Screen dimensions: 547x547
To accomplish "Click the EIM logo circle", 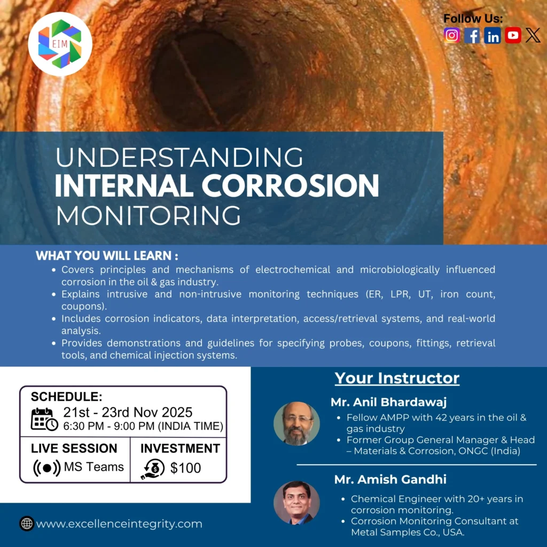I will pos(60,44).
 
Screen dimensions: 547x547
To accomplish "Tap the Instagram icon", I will pos(452,35).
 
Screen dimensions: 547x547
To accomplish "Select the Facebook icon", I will pos(472,35).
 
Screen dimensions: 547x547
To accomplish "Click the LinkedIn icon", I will pos(493,35).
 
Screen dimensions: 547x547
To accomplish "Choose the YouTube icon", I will pos(513,35).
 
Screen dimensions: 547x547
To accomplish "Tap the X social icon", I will pos(533,35).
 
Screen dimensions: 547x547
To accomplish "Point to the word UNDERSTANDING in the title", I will pos(179,158).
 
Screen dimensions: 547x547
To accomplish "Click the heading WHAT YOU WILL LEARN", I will pos(107,256).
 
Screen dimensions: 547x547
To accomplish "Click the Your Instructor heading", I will pos(397,378).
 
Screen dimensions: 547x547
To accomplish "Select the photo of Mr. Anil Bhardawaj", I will pos(296,424).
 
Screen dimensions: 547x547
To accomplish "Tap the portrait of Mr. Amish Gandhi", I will pos(296,503).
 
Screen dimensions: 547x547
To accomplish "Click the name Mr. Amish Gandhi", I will pos(390,479).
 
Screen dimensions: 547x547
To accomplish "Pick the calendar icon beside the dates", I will pos(44,419).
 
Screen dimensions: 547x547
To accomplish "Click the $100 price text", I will pos(185,468).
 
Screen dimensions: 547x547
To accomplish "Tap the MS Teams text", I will pos(93,467).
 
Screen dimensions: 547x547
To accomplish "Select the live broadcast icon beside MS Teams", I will pos(47,468).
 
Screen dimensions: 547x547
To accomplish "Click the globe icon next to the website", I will pos(27,523).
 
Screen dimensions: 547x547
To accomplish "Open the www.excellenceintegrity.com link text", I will pos(119,524).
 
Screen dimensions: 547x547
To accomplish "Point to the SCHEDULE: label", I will pos(66,396).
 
